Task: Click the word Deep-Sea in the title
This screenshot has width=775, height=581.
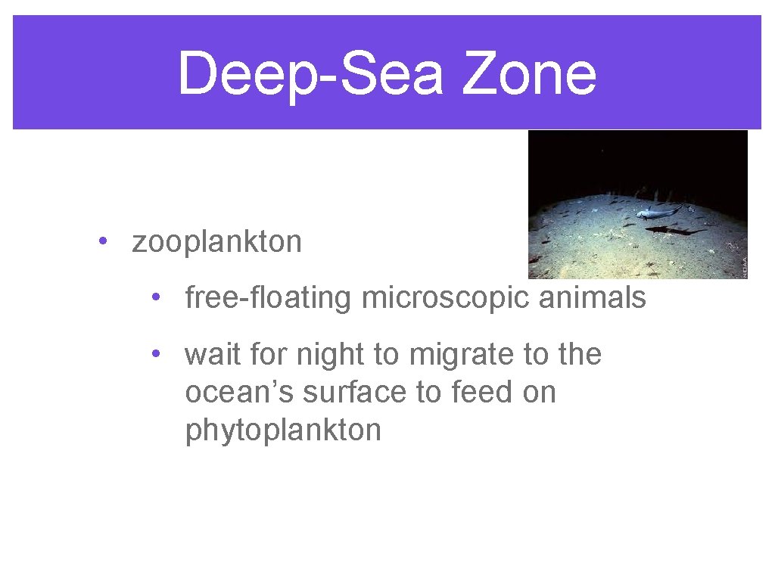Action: pos(310,74)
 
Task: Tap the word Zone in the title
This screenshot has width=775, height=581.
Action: pos(529,74)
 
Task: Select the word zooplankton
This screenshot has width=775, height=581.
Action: pos(216,242)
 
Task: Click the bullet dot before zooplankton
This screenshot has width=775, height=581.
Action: pos(101,242)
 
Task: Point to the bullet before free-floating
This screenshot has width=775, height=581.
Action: pos(154,297)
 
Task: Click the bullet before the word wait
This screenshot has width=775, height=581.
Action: pos(154,353)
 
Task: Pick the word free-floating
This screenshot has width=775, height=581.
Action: pos(269,298)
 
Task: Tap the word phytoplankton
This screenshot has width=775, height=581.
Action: pos(283,430)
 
